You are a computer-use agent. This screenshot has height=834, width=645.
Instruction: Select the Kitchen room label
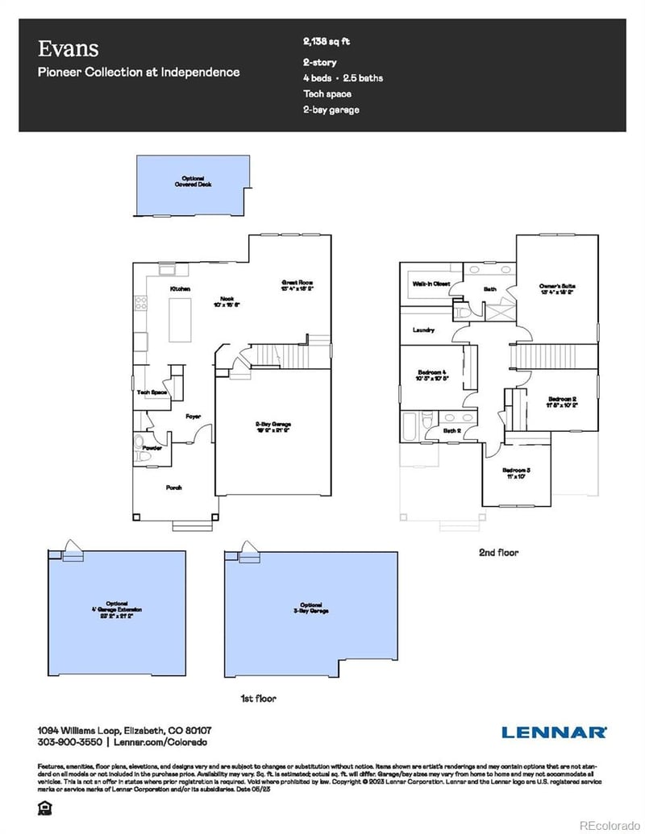click(179, 288)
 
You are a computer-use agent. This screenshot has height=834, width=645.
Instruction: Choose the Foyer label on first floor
click(193, 417)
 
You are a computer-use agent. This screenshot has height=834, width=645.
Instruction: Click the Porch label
click(173, 488)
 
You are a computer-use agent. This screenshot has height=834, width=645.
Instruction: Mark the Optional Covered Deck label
click(192, 181)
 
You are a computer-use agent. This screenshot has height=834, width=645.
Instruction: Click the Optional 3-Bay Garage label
click(310, 609)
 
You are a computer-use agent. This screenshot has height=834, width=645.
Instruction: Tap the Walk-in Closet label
click(431, 284)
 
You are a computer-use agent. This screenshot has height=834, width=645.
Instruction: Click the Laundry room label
click(423, 330)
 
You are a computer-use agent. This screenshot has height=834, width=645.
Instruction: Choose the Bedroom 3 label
click(516, 473)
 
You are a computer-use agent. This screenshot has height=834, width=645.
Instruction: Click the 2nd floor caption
click(497, 553)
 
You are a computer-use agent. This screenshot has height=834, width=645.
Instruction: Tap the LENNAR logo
click(554, 732)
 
